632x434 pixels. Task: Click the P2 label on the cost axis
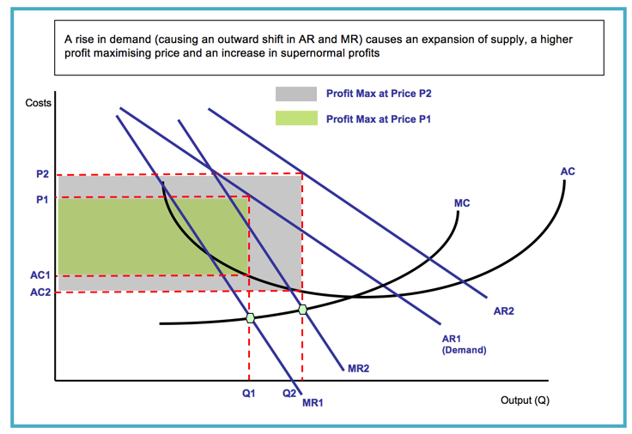pos(43,175)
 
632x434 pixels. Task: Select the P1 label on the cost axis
pos(43,199)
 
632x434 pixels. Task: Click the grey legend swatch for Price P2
pos(296,93)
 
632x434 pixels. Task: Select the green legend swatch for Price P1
pos(296,118)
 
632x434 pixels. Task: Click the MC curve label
pos(462,203)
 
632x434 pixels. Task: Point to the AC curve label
pos(568,172)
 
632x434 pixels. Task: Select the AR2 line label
pos(504,311)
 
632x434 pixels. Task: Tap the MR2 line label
pos(359,368)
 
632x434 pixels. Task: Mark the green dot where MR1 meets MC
pos(251,318)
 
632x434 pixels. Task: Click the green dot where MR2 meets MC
pos(302,309)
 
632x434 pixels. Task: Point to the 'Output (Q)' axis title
pos(525,401)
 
